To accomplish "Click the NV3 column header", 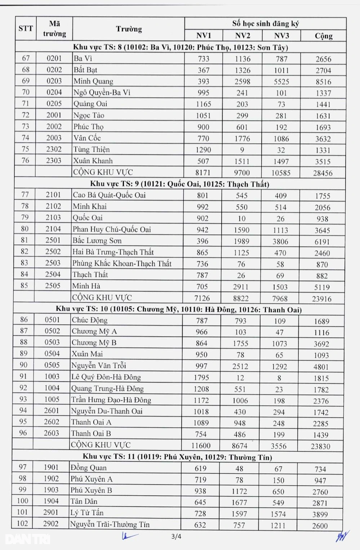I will pyautogui.click(x=281, y=36).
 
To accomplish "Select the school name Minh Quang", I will pyautogui.click(x=93, y=81).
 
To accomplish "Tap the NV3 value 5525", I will pyautogui.click(x=281, y=82).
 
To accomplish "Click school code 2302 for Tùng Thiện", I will pyautogui.click(x=54, y=149).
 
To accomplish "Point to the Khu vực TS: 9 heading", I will pyautogui.click(x=179, y=184).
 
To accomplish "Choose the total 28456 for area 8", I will pyautogui.click(x=323, y=173).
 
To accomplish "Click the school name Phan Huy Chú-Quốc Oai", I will pyautogui.click(x=112, y=229).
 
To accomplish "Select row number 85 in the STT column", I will pyautogui.click(x=24, y=285).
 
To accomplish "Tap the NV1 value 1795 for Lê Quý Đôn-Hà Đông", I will pyautogui.click(x=201, y=378).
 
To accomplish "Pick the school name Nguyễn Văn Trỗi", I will pyautogui.click(x=99, y=366).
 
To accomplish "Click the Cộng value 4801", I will pyautogui.click(x=321, y=367).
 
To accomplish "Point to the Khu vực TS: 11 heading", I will pyautogui.click(x=177, y=457).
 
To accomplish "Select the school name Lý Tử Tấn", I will pyautogui.click(x=87, y=513).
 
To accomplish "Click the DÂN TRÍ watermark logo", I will pyautogui.click(x=28, y=539).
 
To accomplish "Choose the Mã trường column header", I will pyautogui.click(x=54, y=29).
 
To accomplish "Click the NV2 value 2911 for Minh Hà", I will pyautogui.click(x=240, y=287).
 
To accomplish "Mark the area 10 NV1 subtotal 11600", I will pyautogui.click(x=201, y=446).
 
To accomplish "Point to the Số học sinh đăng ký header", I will pyautogui.click(x=265, y=24).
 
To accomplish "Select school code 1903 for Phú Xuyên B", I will pyautogui.click(x=51, y=490).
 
